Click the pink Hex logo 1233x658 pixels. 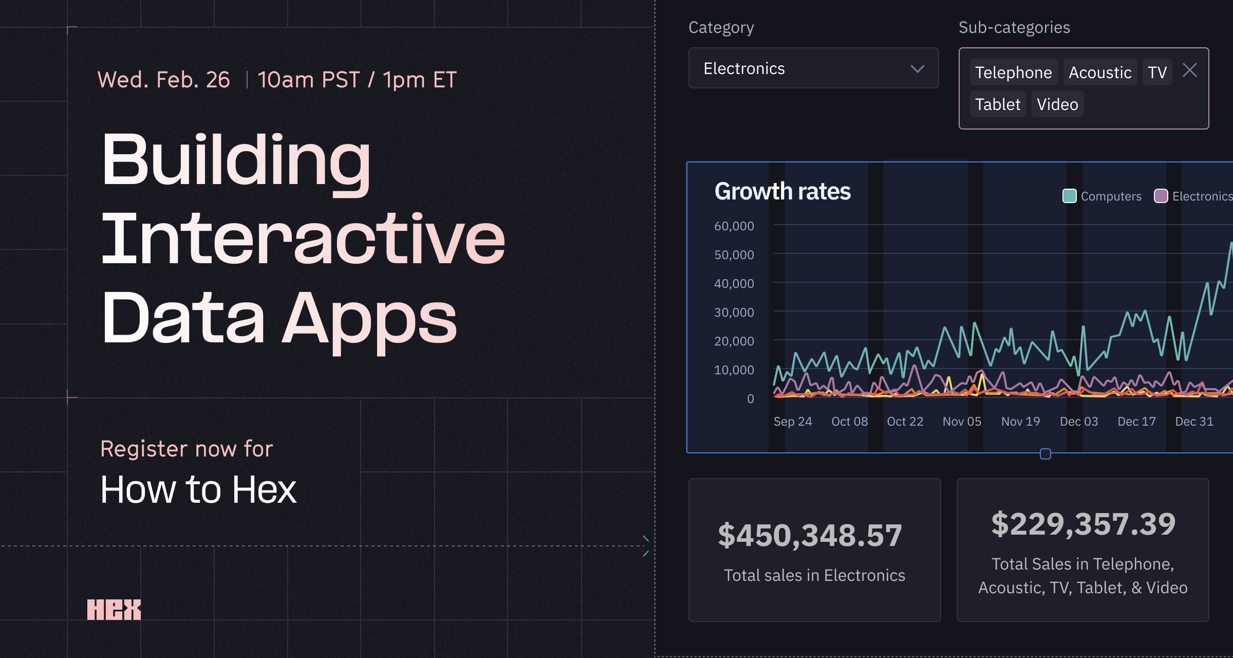click(x=114, y=610)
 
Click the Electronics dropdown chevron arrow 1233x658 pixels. click(x=917, y=69)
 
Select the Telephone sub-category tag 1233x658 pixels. click(x=1013, y=72)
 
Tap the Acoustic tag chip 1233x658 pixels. click(x=1100, y=72)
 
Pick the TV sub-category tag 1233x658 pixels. click(x=1157, y=72)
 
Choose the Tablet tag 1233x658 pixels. click(x=998, y=104)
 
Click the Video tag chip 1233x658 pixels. click(x=1057, y=104)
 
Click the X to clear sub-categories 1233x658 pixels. click(x=1190, y=70)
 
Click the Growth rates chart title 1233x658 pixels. click(x=782, y=191)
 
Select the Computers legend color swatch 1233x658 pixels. click(x=1069, y=196)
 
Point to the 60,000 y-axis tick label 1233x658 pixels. click(x=734, y=226)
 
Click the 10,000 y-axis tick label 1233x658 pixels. click(x=734, y=370)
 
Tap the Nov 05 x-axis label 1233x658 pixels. click(x=962, y=422)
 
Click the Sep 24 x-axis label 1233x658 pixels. click(x=793, y=422)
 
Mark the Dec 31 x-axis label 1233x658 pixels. click(x=1194, y=422)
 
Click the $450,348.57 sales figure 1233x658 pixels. click(x=810, y=535)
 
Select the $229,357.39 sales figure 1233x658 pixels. click(x=1083, y=524)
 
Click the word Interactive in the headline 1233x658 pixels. click(x=303, y=239)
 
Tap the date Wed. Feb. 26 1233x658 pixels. click(x=164, y=80)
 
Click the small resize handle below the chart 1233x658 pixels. click(x=1045, y=454)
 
